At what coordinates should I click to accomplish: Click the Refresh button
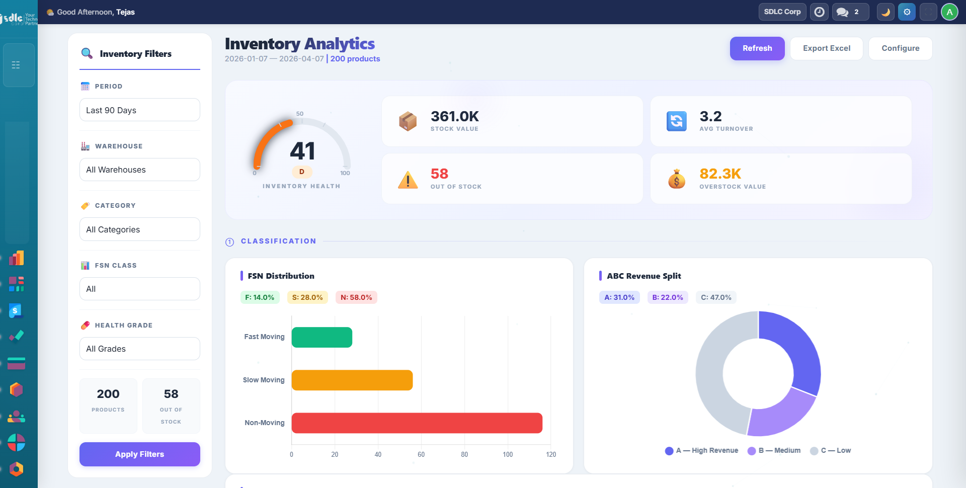(x=757, y=48)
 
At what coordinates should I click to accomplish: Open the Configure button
(x=900, y=48)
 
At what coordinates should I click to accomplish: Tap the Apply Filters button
(x=139, y=454)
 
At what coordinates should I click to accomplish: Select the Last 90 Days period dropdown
(x=139, y=110)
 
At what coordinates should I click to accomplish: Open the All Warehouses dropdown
(x=139, y=170)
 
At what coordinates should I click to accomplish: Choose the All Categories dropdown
(x=139, y=229)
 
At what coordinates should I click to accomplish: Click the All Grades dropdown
(x=139, y=349)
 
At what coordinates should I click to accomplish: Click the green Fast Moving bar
(x=321, y=337)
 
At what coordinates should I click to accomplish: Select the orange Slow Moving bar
(x=352, y=380)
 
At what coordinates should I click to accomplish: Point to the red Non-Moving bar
(x=417, y=423)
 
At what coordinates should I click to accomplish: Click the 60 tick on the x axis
(x=421, y=454)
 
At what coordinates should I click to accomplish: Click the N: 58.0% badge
(x=356, y=297)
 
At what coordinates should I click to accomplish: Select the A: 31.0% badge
(x=619, y=297)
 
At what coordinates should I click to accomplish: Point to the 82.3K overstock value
(x=720, y=174)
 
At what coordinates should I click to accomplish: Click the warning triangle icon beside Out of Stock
(x=408, y=180)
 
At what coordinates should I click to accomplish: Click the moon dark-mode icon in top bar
(x=886, y=12)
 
